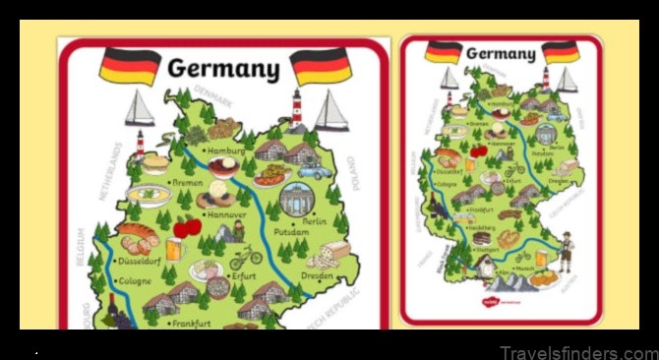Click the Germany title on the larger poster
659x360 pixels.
(x=223, y=68)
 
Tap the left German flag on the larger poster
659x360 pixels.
(x=129, y=65)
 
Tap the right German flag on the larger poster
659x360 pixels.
(x=321, y=65)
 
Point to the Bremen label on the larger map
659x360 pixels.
(x=186, y=183)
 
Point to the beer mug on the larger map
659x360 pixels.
(x=174, y=250)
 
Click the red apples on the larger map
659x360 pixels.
(x=187, y=228)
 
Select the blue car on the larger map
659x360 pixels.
(x=315, y=171)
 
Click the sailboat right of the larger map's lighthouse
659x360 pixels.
(x=331, y=111)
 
